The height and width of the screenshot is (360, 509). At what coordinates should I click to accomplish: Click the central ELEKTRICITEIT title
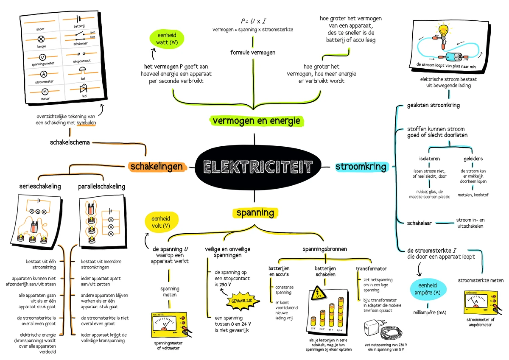click(x=255, y=167)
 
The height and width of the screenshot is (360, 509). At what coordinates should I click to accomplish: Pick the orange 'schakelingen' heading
click(x=157, y=166)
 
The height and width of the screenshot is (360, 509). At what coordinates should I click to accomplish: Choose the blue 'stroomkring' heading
click(x=361, y=166)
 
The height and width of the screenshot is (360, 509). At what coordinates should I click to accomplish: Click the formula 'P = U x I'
click(x=253, y=21)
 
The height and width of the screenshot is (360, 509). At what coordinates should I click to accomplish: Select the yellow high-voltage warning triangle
click(x=317, y=294)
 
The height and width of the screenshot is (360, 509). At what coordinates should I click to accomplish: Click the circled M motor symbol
click(x=45, y=91)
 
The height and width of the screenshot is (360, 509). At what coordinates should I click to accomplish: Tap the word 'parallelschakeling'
click(x=102, y=186)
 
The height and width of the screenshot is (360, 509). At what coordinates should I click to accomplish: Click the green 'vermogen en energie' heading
click(x=256, y=121)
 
